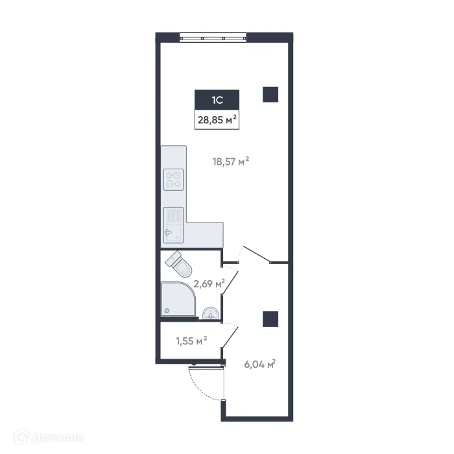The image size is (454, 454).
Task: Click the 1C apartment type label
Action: click(217, 100)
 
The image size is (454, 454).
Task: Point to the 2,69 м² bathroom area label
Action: click(209, 283)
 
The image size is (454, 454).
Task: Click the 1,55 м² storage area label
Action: click(191, 339)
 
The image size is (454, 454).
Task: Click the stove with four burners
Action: click(174, 179)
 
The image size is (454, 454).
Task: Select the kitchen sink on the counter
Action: click(173, 224)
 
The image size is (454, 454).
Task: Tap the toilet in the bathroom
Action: click(179, 263)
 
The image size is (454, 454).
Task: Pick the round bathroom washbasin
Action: click(210, 313)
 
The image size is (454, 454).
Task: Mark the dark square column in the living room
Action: click(270, 94)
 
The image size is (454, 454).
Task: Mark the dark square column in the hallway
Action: click(270, 318)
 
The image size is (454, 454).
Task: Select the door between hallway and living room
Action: click(256, 254)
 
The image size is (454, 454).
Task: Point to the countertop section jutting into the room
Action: click(204, 233)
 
